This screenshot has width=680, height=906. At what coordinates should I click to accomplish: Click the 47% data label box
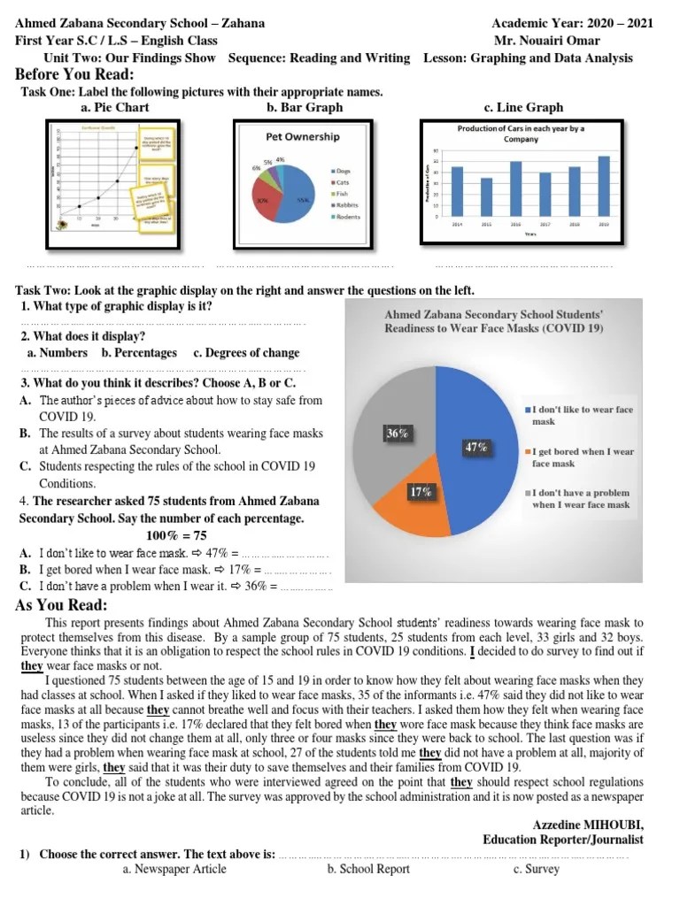[476, 447]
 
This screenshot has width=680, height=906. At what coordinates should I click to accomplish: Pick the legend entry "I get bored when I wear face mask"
[582, 457]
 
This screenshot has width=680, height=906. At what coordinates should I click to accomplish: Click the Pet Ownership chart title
[303, 137]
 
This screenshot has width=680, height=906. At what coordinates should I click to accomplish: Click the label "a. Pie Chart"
[114, 108]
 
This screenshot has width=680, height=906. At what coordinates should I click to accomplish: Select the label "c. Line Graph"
[523, 108]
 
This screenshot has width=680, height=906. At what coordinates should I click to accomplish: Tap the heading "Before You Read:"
[74, 74]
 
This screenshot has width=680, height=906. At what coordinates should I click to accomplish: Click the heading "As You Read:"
[62, 605]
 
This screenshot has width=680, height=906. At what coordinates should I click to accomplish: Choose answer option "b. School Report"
[368, 869]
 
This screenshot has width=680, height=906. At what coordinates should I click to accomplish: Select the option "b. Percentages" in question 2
[139, 352]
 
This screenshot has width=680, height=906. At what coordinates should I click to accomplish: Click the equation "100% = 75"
[176, 535]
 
